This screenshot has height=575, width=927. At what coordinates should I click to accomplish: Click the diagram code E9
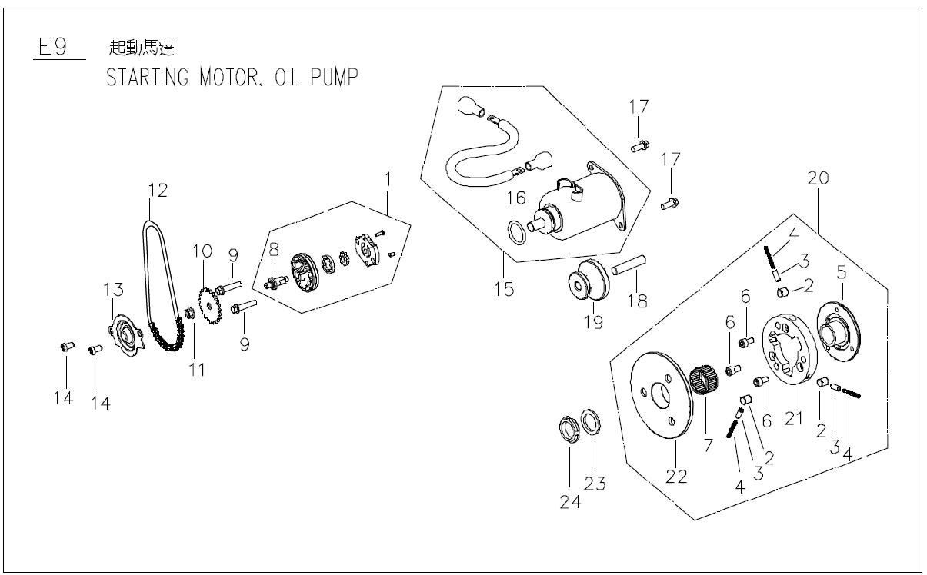point(51,48)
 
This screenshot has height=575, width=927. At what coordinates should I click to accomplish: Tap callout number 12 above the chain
point(157,189)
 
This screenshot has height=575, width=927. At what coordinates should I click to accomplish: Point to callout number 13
point(113,287)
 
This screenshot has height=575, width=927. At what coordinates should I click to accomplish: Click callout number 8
point(272,248)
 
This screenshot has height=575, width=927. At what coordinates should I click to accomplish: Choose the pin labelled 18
point(631,270)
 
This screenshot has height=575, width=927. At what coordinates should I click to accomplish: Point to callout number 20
point(818,178)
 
